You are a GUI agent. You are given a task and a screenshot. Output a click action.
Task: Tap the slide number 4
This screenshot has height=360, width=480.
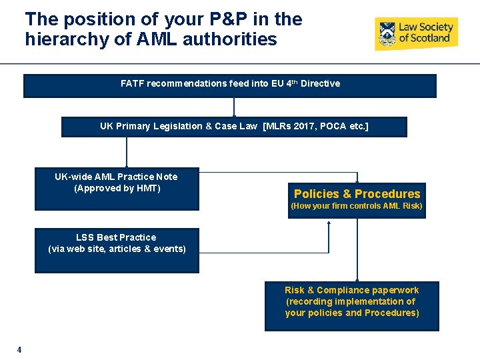(x=19, y=349)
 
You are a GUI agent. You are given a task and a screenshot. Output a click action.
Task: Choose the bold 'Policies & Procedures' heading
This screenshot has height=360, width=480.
(x=357, y=194)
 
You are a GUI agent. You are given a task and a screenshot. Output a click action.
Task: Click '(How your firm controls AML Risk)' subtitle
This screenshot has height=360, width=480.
(x=357, y=206)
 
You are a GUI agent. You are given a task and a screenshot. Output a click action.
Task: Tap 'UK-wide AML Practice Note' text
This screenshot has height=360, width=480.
(x=116, y=177)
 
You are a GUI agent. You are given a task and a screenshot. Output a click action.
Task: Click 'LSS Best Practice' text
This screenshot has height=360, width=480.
(x=116, y=237)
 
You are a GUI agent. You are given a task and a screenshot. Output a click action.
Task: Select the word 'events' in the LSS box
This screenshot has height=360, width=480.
(x=169, y=249)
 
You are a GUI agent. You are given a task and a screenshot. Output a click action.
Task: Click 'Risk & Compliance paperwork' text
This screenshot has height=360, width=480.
(x=352, y=290)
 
